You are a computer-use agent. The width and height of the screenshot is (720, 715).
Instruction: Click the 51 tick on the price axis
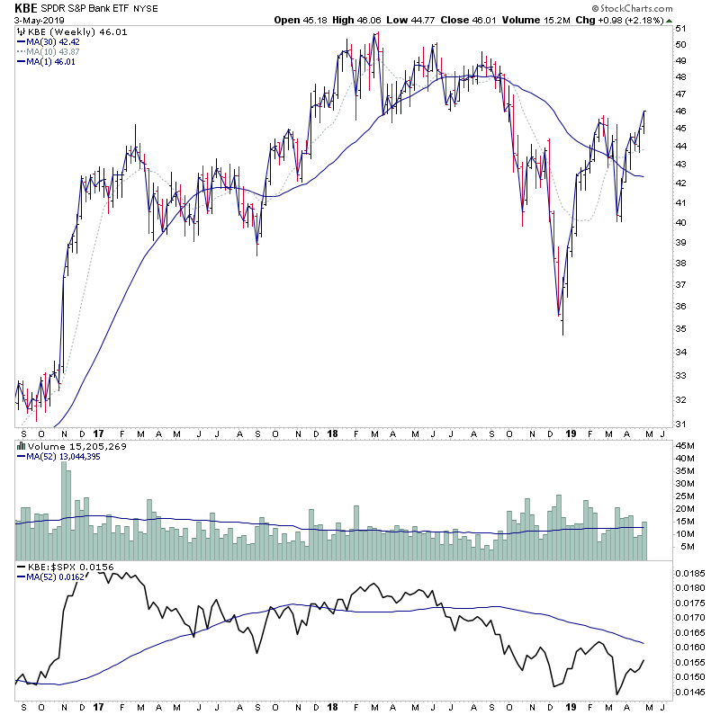point(681,28)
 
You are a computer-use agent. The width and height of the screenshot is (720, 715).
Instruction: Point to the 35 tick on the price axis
point(681,328)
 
